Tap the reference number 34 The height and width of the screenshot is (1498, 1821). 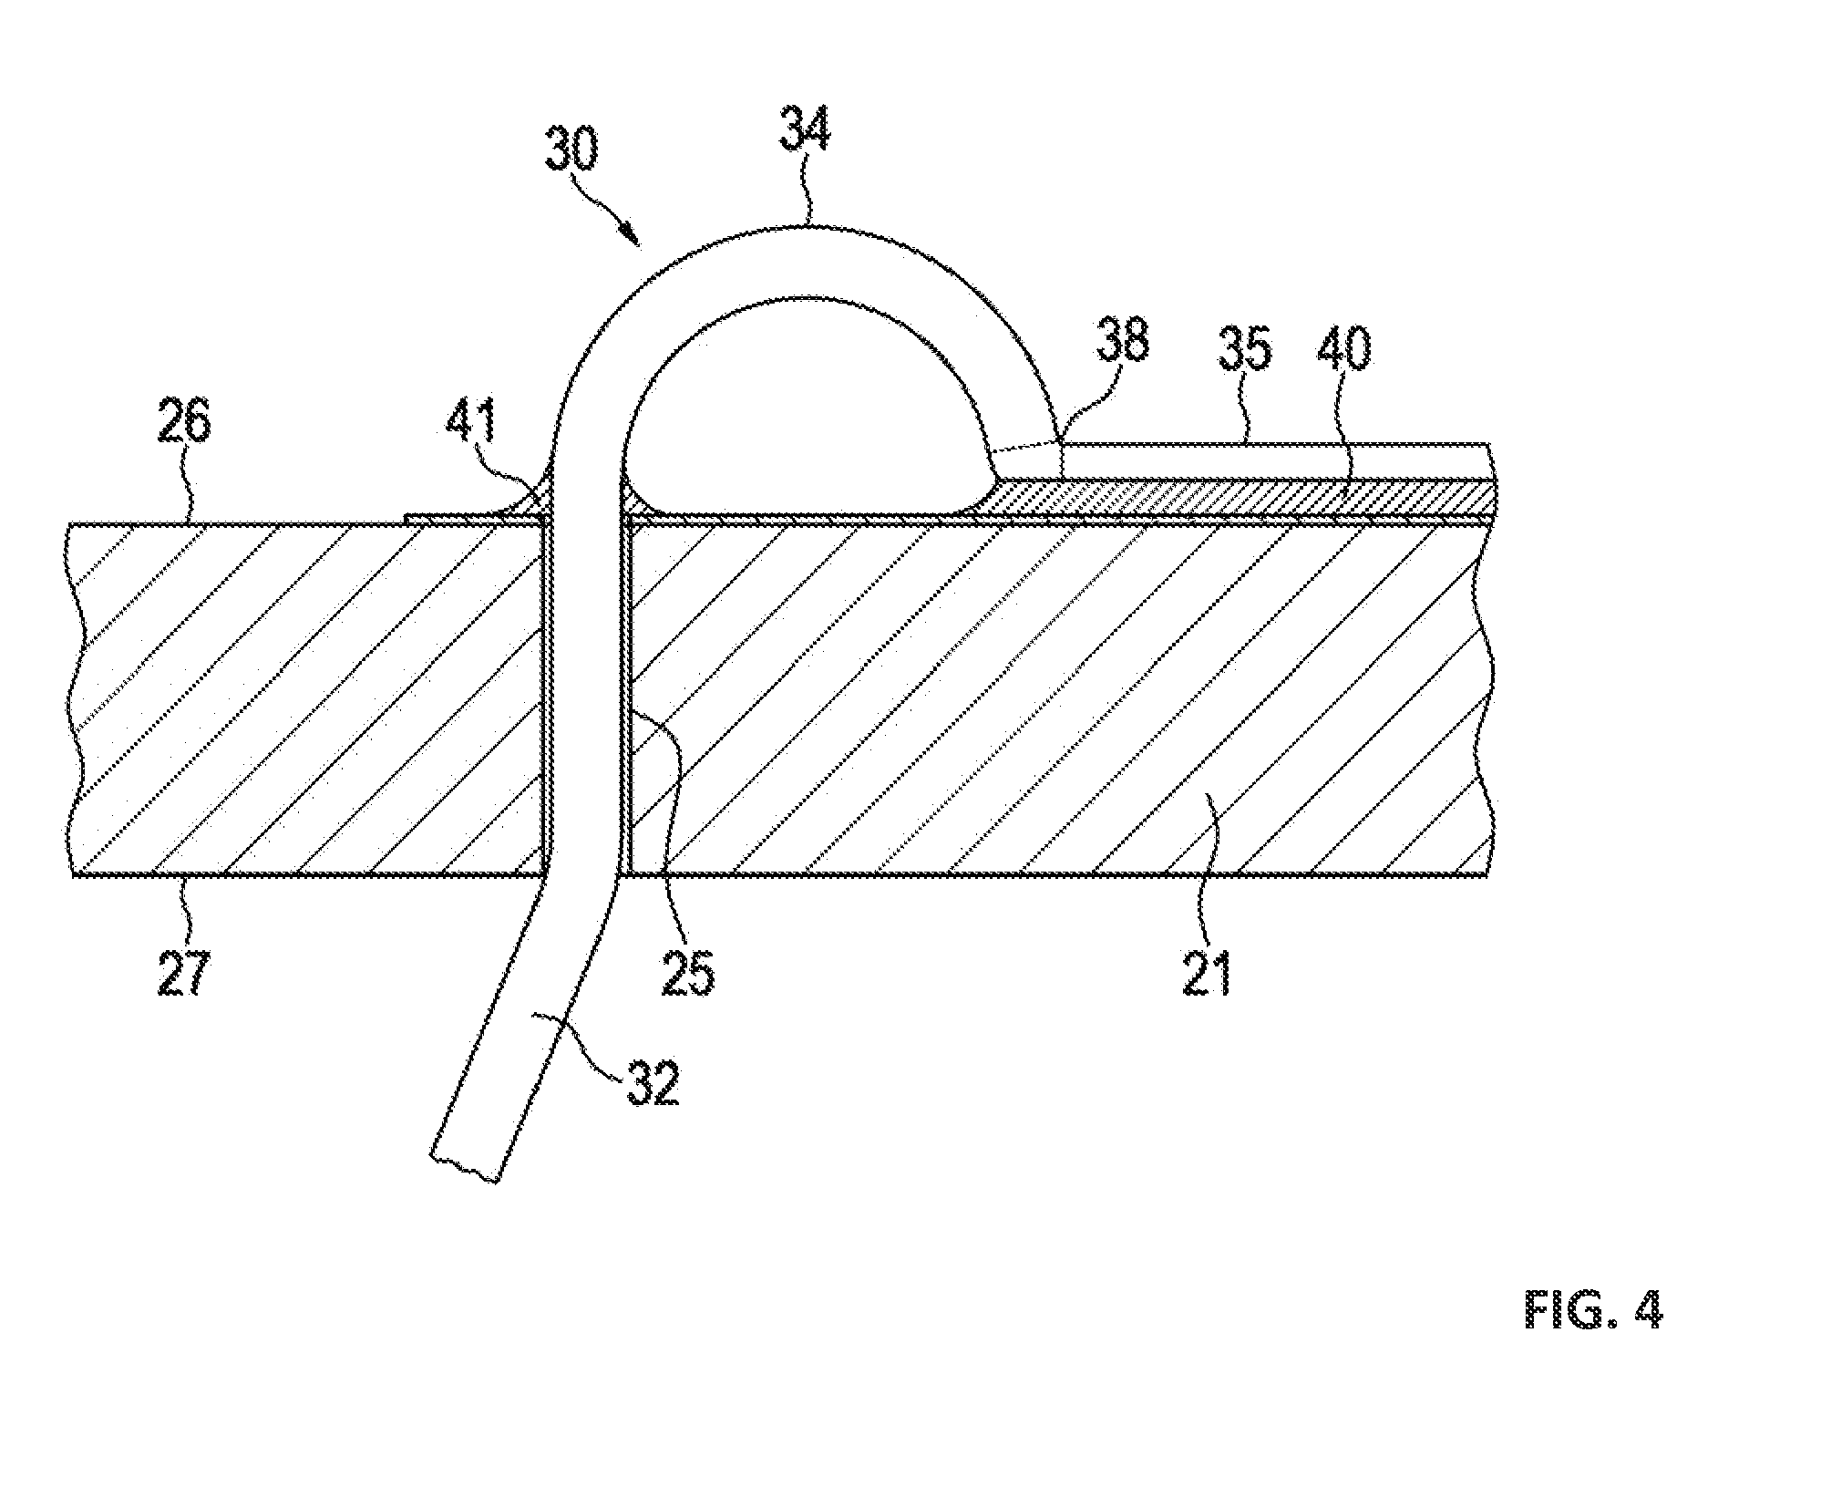point(805,128)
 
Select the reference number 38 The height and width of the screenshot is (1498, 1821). point(1121,341)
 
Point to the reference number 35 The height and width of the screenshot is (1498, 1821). point(1243,348)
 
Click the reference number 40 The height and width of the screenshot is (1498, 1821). point(1343,348)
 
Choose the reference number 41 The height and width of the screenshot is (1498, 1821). point(472,421)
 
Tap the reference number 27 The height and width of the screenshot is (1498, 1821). point(183,973)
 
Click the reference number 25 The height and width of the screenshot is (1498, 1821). point(688,973)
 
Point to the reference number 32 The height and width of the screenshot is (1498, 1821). point(653,1082)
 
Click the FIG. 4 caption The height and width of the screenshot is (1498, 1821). point(1594,1310)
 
